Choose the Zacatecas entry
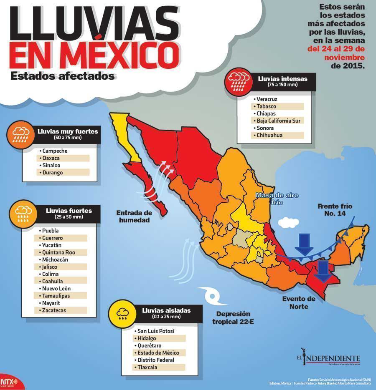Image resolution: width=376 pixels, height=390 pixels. [x=54, y=310]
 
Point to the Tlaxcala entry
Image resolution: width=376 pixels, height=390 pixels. [x=146, y=367]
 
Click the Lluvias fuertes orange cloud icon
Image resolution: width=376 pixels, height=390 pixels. [x=21, y=213]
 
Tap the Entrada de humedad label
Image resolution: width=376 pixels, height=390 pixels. [x=133, y=216]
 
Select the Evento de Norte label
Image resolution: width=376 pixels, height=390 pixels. [x=298, y=302]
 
